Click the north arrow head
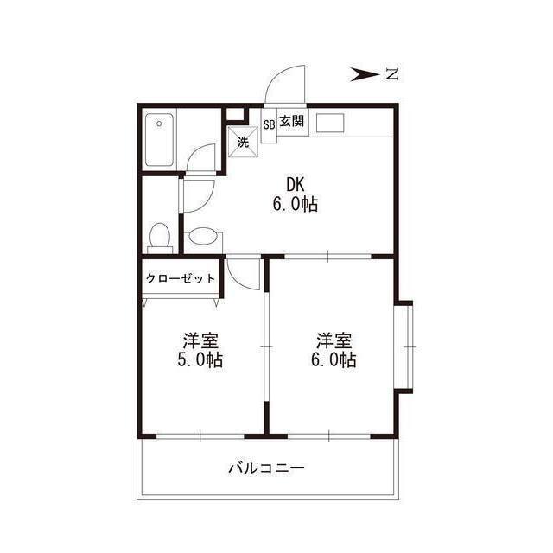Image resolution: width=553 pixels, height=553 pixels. point(365,74)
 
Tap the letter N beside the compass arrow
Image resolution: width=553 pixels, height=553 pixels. point(391,74)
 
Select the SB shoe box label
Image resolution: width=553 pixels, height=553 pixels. point(269,124)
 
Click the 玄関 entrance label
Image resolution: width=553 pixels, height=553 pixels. point(292,122)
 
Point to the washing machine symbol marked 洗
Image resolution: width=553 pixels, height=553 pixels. point(243,142)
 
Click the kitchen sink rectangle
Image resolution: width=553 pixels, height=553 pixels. point(330,123)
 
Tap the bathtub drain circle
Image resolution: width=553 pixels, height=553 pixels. point(159,124)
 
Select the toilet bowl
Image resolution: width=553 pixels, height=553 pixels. point(160,235)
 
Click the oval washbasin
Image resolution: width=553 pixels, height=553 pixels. point(202,236)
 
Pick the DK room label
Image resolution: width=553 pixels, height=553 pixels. point(295,184)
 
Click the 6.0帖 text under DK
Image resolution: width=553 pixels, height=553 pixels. point(296,204)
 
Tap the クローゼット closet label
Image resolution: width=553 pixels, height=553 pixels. point(181,278)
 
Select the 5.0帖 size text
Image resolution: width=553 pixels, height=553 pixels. point(200,359)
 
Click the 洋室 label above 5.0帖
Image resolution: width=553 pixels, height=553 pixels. point(200,340)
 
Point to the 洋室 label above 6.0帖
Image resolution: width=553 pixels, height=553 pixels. point(334,340)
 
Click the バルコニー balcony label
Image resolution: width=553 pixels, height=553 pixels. point(267,468)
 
